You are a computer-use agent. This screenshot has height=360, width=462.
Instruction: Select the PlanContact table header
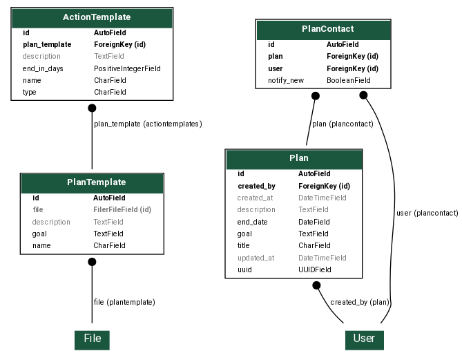point(323,29)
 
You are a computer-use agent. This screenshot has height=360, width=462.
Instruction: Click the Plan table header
point(293,158)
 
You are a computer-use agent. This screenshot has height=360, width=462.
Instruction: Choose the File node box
point(92,339)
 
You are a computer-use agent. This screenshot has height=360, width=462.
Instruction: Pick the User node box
point(364,339)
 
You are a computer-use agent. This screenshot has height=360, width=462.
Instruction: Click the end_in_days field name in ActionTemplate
point(43,68)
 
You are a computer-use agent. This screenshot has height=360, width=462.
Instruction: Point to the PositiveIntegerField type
point(127,68)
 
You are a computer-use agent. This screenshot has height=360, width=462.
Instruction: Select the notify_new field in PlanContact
point(286,80)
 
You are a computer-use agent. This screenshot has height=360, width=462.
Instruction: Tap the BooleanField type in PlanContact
point(349,80)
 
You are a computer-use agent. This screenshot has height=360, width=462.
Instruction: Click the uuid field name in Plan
point(245,269)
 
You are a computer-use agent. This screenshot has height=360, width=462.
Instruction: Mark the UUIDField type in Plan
point(315,269)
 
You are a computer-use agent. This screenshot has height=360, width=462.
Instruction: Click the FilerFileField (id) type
point(122,209)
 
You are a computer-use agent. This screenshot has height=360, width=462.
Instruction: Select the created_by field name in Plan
point(256,186)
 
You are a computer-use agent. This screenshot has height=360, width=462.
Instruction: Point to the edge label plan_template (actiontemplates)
point(148,124)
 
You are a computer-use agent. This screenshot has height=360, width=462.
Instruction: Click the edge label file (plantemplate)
point(124,302)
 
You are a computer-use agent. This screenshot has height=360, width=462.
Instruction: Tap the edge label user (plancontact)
point(427,213)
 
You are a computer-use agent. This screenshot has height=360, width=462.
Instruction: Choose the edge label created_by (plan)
point(359,302)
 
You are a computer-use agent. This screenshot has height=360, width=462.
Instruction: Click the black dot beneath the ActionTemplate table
point(92,108)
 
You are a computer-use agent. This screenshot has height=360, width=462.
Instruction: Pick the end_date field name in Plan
point(252,222)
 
